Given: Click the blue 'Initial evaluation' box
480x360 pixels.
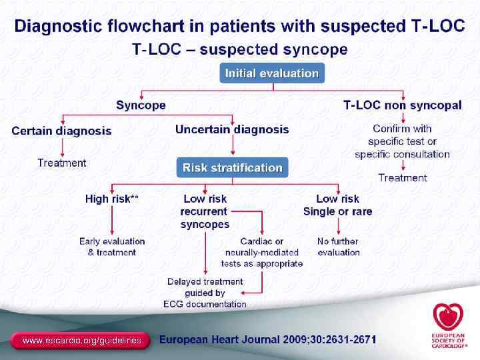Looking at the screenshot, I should tap(272, 73).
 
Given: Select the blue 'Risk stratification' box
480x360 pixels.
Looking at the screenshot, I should tap(232, 167).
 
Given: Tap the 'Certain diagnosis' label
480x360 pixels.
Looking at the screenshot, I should tap(61, 131).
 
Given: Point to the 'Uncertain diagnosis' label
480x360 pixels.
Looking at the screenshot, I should tap(232, 129).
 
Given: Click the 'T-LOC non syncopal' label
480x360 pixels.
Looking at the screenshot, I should tap(402, 105).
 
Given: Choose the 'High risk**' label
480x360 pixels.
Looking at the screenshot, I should tap(112, 199).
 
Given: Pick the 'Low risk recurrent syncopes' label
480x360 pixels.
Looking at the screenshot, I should tap(205, 211).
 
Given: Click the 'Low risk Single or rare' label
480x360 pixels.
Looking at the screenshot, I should tap(337, 205).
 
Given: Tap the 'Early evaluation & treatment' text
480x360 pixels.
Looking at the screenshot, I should tap(112, 247).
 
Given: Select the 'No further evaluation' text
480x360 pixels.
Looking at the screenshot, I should tap(338, 247).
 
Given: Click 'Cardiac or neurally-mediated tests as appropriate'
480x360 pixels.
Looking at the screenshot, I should tap(264, 252).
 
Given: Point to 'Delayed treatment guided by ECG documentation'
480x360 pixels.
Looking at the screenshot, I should tap(205, 293).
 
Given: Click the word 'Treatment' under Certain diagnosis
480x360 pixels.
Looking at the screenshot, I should tap(62, 163).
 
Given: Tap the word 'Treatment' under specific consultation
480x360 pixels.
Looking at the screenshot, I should tap(402, 177).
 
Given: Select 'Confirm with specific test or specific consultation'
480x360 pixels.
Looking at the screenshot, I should tap(402, 141).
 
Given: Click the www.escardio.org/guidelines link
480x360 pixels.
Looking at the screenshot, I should tap(82, 341).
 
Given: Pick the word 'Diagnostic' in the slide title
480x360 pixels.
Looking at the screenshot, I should tap(59, 26).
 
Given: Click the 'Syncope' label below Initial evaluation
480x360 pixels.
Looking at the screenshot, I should tap(141, 105).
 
